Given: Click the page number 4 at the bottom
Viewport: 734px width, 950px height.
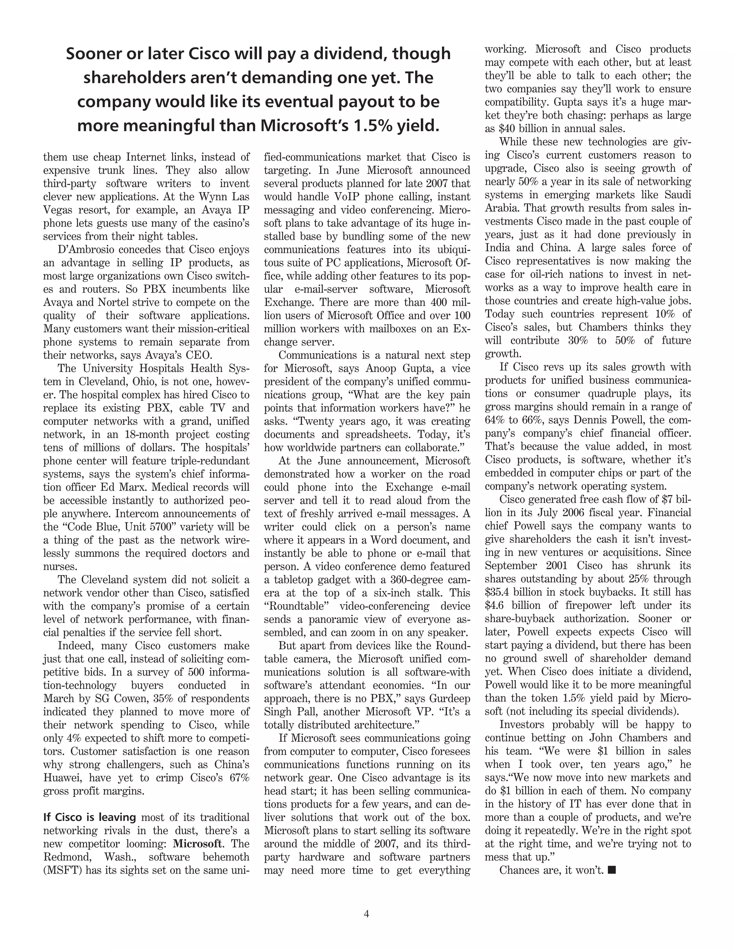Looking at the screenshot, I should click(x=366, y=914).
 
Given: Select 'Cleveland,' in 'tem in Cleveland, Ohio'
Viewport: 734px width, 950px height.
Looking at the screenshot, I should click(x=106, y=381).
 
